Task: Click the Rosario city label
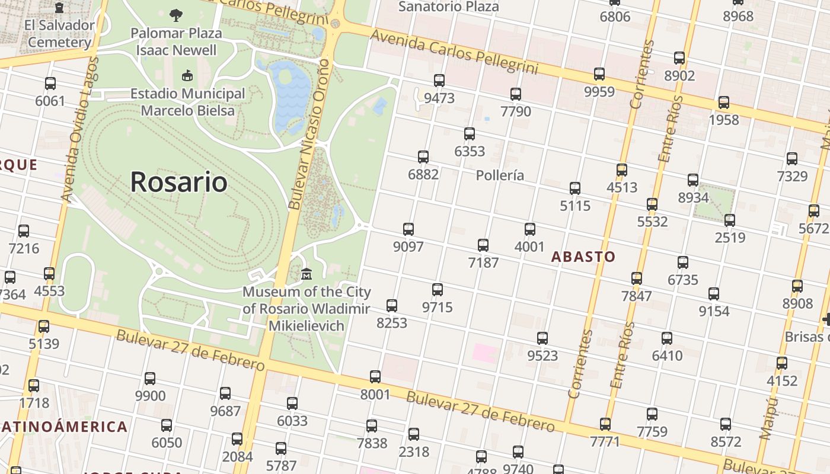pos(178,181)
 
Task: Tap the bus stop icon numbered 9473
pos(439,81)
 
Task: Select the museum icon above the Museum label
pos(307,274)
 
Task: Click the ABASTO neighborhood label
pos(583,257)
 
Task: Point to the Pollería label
pos(500,175)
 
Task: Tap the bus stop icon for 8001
pos(375,377)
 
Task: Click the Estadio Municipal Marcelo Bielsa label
pos(187,102)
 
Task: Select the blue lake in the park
pos(290,95)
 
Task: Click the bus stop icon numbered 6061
pos(50,84)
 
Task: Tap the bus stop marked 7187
pos(483,245)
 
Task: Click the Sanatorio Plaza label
pos(448,7)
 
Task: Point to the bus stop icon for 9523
pos(542,338)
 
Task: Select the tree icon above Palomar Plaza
pos(176,15)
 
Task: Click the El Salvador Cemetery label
pos(59,34)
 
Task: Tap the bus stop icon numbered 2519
pos(730,220)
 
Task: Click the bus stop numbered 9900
pos(150,379)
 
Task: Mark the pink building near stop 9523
pos(484,353)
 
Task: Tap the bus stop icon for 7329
pos(792,159)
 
